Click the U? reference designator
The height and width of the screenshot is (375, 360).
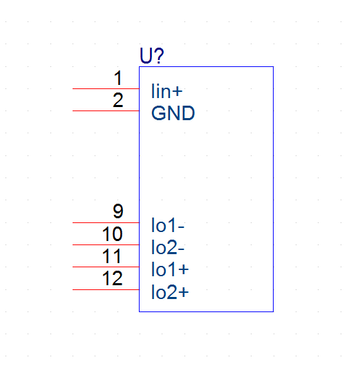click(x=152, y=55)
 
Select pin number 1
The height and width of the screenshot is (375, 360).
click(x=118, y=78)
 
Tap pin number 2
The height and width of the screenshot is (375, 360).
click(x=118, y=100)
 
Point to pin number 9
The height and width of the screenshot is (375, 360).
click(x=118, y=211)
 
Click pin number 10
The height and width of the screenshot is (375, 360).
click(x=112, y=233)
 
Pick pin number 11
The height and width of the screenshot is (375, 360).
click(x=111, y=256)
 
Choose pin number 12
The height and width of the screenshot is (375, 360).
click(x=112, y=278)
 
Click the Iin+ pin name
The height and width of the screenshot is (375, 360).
click(x=167, y=91)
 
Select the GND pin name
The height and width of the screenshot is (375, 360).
click(x=173, y=113)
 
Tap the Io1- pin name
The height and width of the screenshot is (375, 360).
click(x=168, y=225)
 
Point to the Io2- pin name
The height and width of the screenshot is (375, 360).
click(x=168, y=247)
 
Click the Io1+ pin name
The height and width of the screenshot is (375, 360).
click(x=170, y=269)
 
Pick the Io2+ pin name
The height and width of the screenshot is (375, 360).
click(x=170, y=291)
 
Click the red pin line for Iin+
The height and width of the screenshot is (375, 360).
click(x=106, y=88)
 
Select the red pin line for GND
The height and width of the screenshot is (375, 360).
click(x=106, y=110)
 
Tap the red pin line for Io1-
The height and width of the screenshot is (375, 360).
click(x=106, y=222)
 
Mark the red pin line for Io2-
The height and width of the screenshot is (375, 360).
click(x=106, y=244)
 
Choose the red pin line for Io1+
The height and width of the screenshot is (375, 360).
click(x=106, y=267)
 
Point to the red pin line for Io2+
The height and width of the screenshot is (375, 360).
click(x=106, y=289)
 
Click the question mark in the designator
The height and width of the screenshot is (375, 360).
click(x=158, y=55)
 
